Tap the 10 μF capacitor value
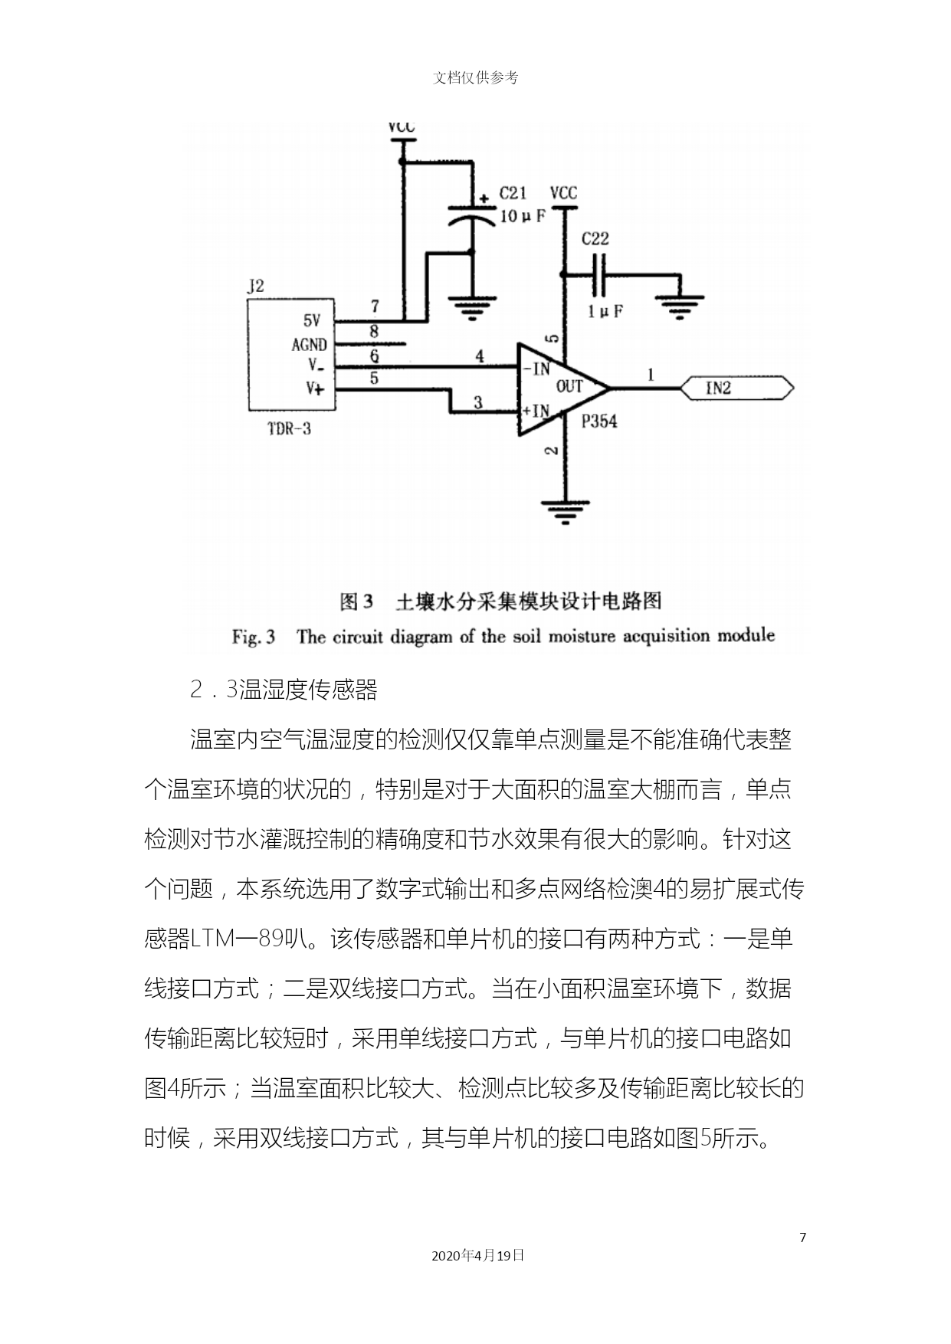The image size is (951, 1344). pos(522,217)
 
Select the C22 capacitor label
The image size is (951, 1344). pos(595,238)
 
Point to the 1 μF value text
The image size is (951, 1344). pos(605,311)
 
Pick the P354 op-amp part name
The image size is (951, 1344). pos(599,421)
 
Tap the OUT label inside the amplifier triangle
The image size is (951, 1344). pos(569,386)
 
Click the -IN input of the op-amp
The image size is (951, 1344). pos(536,369)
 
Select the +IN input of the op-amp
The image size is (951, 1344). pos(536,411)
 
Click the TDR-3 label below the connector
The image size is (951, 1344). pos(290,428)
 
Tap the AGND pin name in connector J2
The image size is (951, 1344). pos(309,345)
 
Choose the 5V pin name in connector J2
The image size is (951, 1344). pos(312,321)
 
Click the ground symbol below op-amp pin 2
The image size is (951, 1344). pos(566,512)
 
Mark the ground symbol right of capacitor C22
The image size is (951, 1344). pos(680,308)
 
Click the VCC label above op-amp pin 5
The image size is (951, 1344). pos(564,193)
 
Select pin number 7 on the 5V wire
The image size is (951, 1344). pos(375,306)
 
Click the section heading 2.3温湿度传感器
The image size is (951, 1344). pos(284,690)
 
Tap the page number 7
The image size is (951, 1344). pos(803,1237)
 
